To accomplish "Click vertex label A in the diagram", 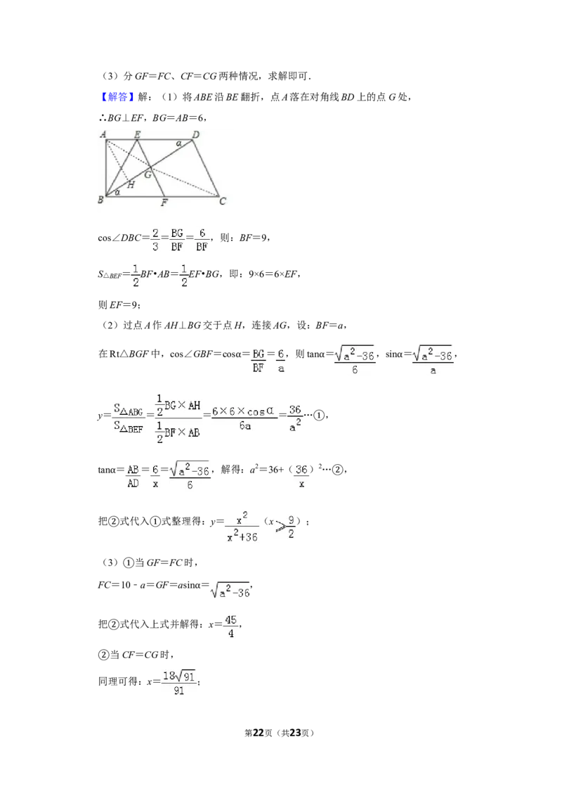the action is tap(103, 134).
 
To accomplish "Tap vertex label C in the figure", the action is tap(222, 202).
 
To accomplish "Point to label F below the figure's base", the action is tap(164, 203).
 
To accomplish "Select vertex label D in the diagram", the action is tap(196, 134).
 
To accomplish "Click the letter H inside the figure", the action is tap(131, 185).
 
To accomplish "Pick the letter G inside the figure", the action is tap(148, 175).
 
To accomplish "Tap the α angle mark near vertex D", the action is tap(178, 143).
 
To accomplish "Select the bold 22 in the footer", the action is tap(259, 733).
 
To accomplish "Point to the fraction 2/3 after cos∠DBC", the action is tap(155, 240).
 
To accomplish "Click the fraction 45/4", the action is tap(231, 627).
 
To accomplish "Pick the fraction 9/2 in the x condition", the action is tap(291, 527).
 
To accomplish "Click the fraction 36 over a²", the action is tap(295, 418).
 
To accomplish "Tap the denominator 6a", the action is tap(245, 426).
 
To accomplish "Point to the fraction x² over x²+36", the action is tap(242, 527).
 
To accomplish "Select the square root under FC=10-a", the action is tap(230, 589).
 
